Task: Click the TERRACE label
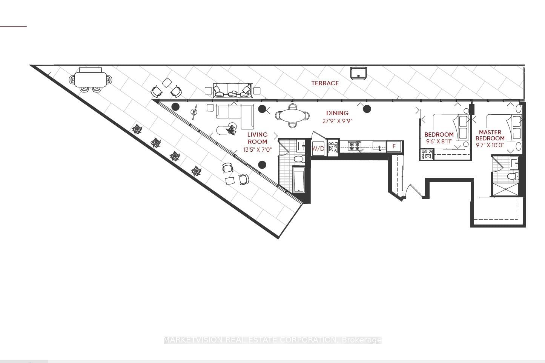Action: click(325, 83)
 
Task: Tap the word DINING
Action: click(337, 113)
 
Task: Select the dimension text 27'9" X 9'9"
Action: click(337, 121)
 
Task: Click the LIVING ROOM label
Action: click(258, 138)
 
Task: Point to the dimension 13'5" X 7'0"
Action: click(258, 149)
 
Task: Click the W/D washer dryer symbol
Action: click(318, 148)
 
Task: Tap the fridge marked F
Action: click(394, 146)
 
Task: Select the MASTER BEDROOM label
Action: click(490, 135)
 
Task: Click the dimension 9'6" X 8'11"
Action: click(439, 141)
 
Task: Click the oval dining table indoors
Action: click(292, 115)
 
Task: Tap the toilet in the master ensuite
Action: click(513, 175)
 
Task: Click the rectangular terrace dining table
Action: click(91, 79)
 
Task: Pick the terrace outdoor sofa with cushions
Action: click(232, 90)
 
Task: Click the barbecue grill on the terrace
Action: click(358, 73)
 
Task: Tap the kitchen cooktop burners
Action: click(355, 146)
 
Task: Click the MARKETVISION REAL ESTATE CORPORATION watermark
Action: click(272, 340)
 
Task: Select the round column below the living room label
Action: click(262, 165)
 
